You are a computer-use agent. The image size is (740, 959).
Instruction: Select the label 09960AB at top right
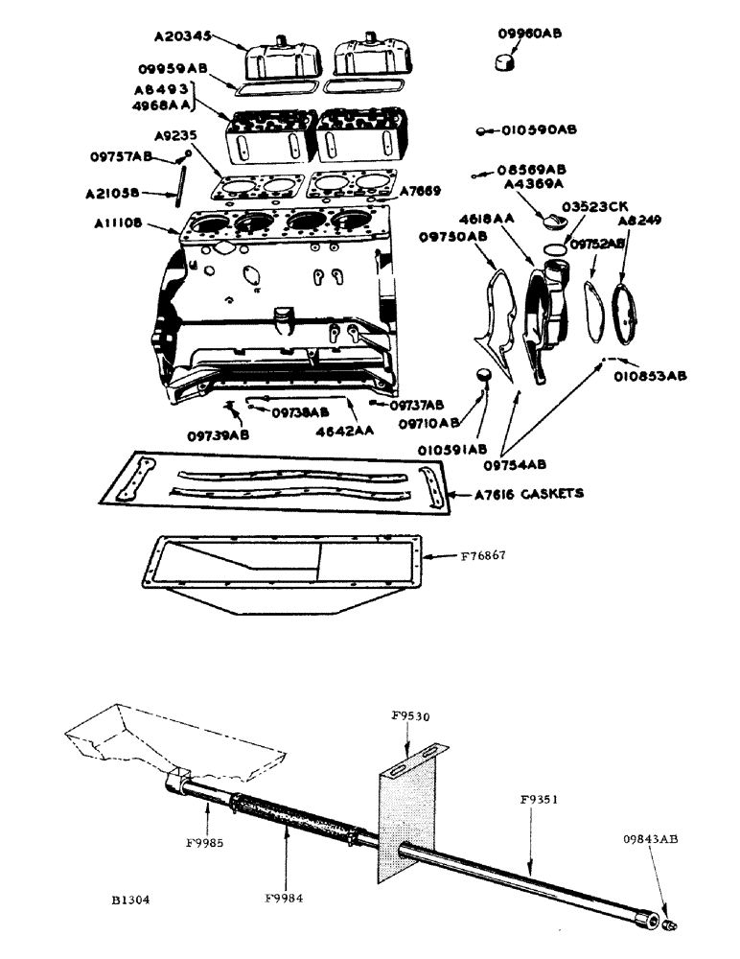(x=530, y=33)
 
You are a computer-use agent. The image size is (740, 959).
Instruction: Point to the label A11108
(x=120, y=222)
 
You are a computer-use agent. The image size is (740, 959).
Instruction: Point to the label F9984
(x=285, y=898)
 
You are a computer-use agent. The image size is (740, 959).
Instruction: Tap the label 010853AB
(x=650, y=376)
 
